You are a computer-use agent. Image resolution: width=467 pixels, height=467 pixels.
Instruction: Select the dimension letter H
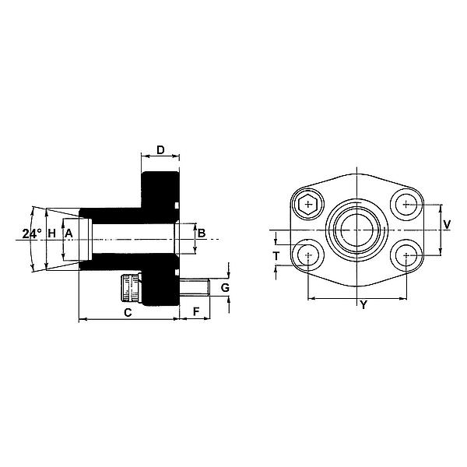pos(52,233)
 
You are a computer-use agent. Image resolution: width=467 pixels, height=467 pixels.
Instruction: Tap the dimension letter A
pos(68,233)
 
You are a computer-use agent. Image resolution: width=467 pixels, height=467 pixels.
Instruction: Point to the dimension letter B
pos(201,233)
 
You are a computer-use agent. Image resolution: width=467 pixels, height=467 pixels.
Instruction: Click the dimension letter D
pos(160,149)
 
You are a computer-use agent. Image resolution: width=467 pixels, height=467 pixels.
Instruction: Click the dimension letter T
pos(276,256)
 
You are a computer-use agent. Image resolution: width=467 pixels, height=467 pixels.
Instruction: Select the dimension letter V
pos(447,224)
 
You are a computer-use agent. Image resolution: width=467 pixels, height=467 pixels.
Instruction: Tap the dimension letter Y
pos(362,304)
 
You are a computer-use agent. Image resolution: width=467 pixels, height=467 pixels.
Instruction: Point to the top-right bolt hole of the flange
pos(406,205)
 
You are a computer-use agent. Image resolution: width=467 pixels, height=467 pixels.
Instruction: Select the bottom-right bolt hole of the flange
pos(406,255)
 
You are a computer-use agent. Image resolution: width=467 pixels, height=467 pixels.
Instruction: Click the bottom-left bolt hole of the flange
pos(309,255)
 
